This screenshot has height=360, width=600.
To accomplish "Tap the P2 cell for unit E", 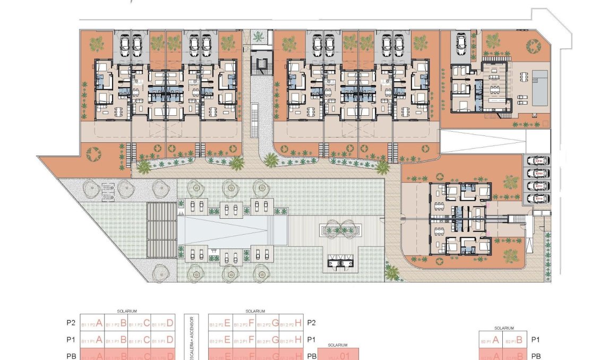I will pyautogui.click(x=219, y=323).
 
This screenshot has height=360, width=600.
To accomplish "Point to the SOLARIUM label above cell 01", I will pyautogui.click(x=338, y=345).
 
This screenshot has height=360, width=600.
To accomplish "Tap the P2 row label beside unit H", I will pyautogui.click(x=312, y=322).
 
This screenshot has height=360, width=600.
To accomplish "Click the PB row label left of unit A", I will pyautogui.click(x=72, y=356).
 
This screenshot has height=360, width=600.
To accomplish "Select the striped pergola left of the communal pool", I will pyautogui.click(x=161, y=229).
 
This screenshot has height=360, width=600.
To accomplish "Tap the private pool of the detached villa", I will pyautogui.click(x=540, y=88).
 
